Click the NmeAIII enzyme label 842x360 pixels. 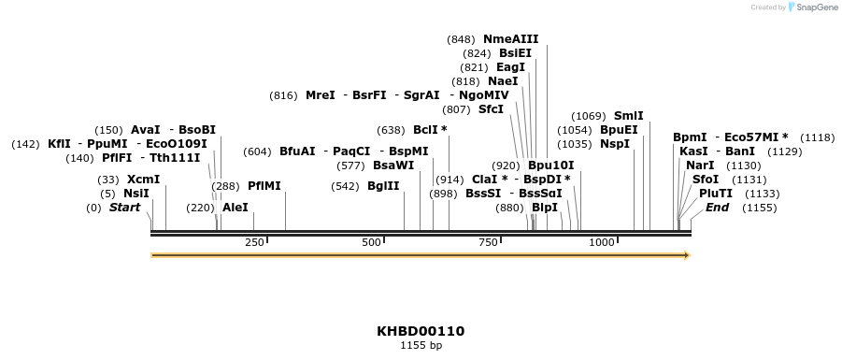pos(510,39)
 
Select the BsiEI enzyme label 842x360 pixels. pos(515,53)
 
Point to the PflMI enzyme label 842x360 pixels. pos(264,186)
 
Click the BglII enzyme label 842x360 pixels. pos(383,186)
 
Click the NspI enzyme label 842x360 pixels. pos(615,144)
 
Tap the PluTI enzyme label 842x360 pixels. pos(716,193)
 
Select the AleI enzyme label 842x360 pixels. pos(235,208)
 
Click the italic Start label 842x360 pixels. pos(124,208)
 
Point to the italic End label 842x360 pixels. pos(717,207)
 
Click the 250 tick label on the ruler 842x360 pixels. pos(254,243)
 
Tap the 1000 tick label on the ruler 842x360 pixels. pos(602,243)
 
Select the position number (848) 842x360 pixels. pos(462,39)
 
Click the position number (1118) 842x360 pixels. pos(818,137)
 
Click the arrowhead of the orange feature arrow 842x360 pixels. pos(686,254)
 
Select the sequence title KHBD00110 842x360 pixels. pos(421,331)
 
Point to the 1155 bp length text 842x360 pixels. pos(421,346)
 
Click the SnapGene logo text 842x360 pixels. pos(816,7)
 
